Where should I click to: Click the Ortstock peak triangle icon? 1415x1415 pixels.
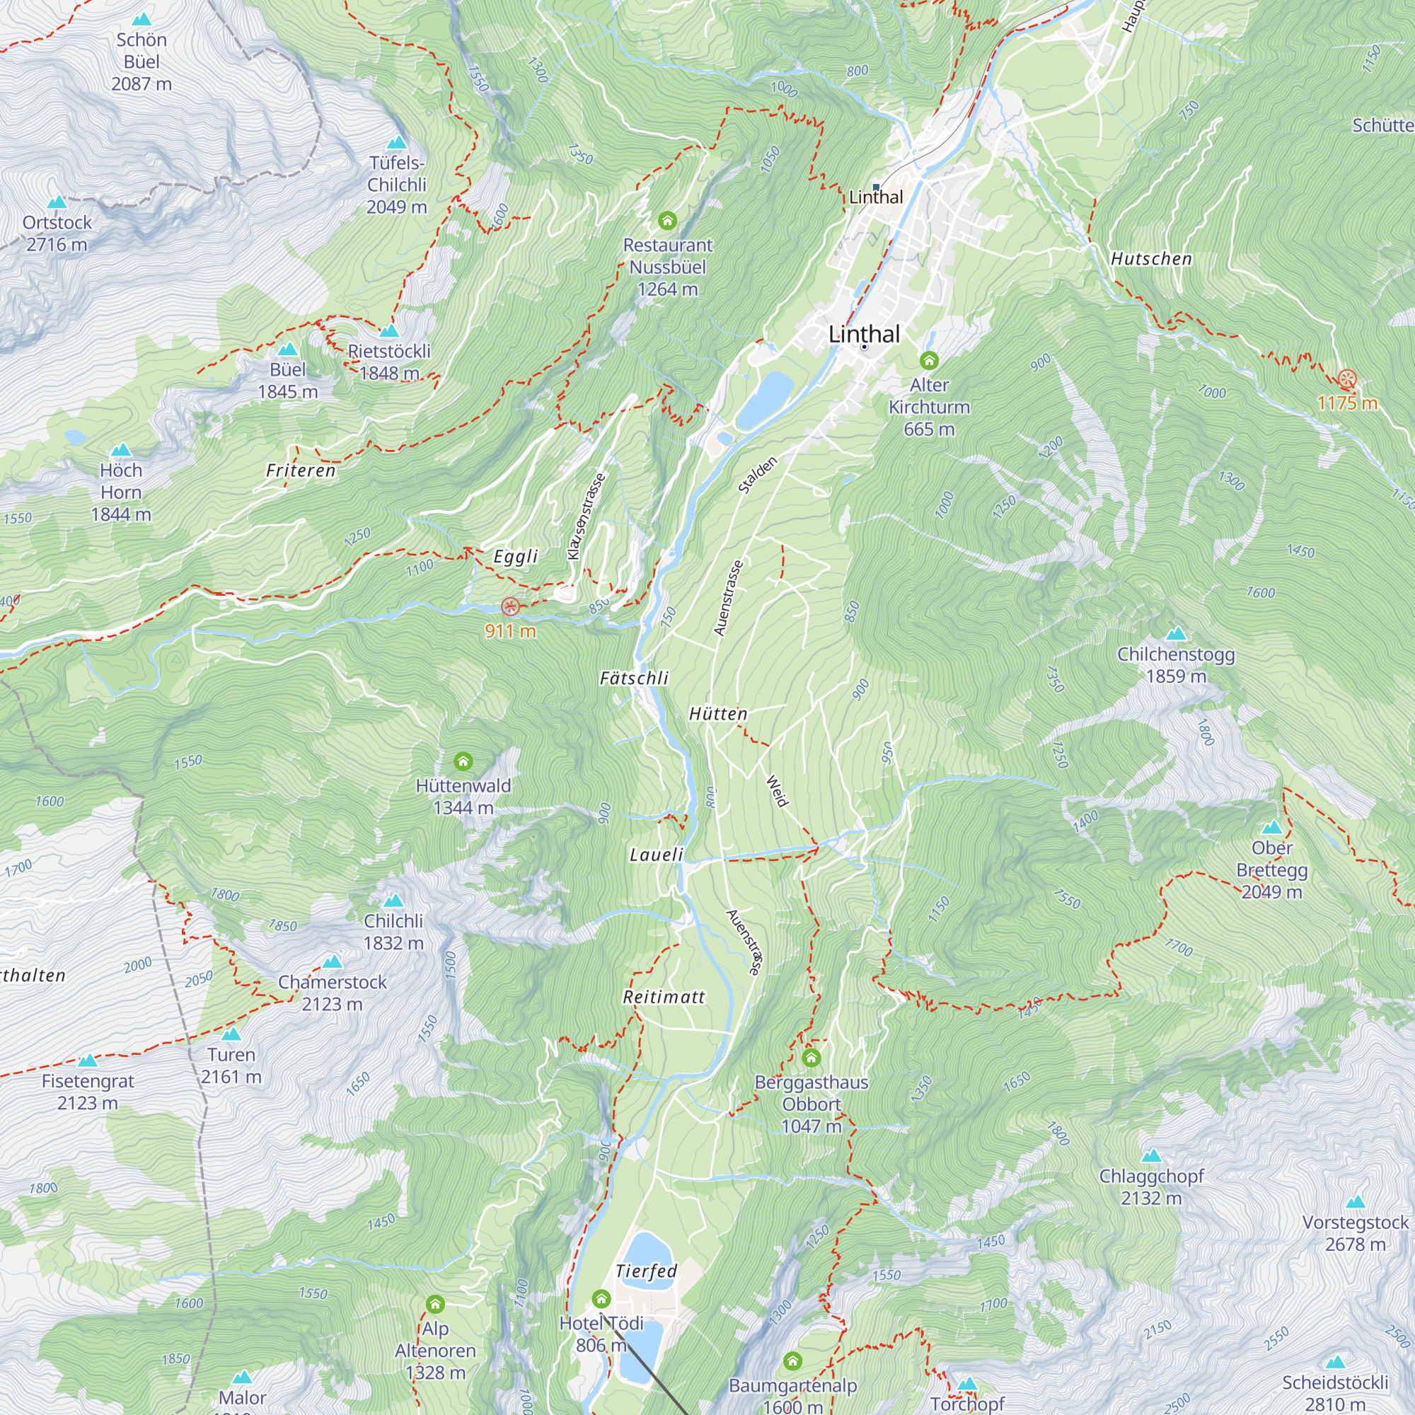coord(57,203)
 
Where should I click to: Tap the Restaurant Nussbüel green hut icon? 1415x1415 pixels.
coord(666,220)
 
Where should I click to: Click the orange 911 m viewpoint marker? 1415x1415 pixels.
coord(511,606)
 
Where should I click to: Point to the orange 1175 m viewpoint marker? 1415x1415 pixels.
coord(1347,379)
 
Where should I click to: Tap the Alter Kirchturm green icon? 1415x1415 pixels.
coord(929,359)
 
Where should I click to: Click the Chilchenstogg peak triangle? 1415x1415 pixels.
coord(1175,633)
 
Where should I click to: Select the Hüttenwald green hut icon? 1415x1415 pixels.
coord(463,762)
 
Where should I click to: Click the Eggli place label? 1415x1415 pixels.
coord(516,557)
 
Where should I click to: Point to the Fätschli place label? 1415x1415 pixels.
coord(634,678)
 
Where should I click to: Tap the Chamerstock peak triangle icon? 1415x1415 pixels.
coord(333,961)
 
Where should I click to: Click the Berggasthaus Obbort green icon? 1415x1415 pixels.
coord(811,1058)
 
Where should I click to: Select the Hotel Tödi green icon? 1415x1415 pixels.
coord(601,1299)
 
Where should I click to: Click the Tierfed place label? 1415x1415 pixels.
coord(646,1271)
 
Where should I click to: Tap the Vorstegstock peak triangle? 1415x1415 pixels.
coord(1355,1202)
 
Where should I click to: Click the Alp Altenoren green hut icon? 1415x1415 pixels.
coord(435,1305)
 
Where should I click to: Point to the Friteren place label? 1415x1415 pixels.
coord(300,470)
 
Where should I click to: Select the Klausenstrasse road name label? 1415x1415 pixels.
coord(586,516)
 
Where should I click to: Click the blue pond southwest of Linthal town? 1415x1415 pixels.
coord(764,400)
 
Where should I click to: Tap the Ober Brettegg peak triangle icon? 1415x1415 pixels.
coord(1271,828)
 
